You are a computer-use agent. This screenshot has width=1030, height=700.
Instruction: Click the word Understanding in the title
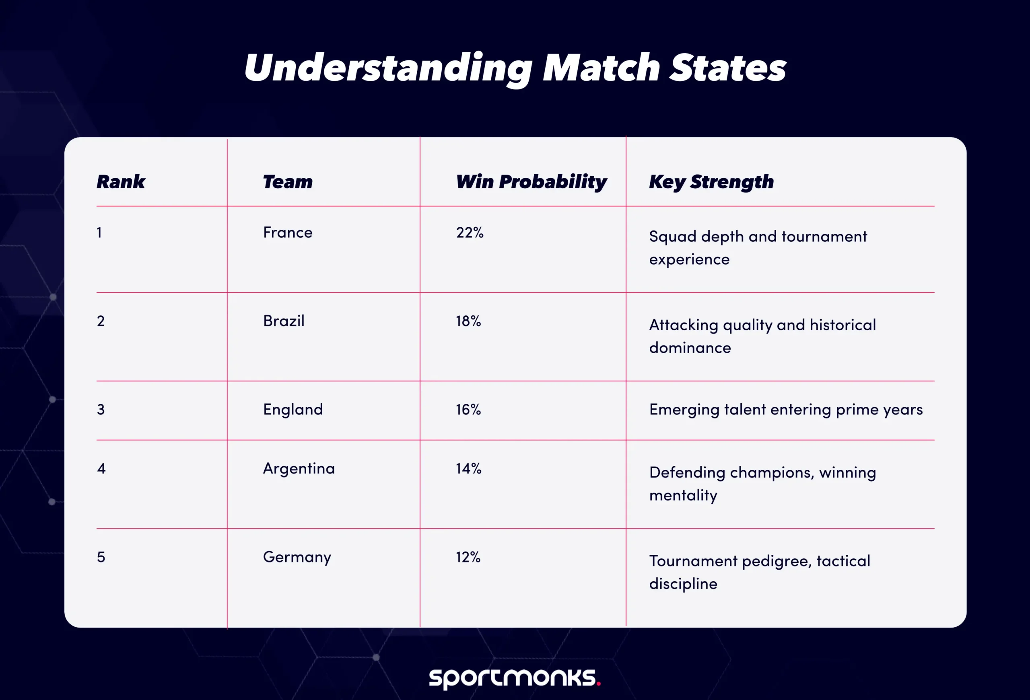pyautogui.click(x=388, y=68)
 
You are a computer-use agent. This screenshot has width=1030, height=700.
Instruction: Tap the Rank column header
pyautogui.click(x=121, y=182)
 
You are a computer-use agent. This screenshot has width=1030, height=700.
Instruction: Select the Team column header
pyautogui.click(x=288, y=182)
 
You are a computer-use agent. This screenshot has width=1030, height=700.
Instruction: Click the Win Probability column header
pyautogui.click(x=531, y=182)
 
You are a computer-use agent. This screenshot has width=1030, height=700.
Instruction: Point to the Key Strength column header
pyautogui.click(x=711, y=182)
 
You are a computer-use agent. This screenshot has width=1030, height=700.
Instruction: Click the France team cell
pyautogui.click(x=288, y=233)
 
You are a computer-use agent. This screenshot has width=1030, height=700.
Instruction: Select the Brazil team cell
pyautogui.click(x=284, y=321)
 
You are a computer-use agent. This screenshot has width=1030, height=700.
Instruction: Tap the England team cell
pyautogui.click(x=293, y=410)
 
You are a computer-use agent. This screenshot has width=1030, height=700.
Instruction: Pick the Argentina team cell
pyautogui.click(x=299, y=468)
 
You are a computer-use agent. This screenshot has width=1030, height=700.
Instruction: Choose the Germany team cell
pyautogui.click(x=297, y=557)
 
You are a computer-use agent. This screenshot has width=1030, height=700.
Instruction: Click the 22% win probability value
pyautogui.click(x=470, y=233)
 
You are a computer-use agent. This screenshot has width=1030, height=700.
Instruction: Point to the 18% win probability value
pyautogui.click(x=468, y=321)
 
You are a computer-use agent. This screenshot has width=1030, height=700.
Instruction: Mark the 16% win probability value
pyautogui.click(x=468, y=410)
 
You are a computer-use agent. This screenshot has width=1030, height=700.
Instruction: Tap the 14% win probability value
pyautogui.click(x=468, y=468)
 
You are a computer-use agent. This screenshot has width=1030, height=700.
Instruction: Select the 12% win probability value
pyautogui.click(x=468, y=557)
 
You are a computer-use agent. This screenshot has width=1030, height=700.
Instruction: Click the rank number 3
pyautogui.click(x=101, y=410)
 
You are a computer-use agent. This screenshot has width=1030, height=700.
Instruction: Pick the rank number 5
pyautogui.click(x=101, y=557)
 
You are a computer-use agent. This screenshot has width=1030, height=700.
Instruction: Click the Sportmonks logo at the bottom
pyautogui.click(x=515, y=678)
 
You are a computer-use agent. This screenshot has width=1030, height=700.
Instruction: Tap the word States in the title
pyautogui.click(x=727, y=68)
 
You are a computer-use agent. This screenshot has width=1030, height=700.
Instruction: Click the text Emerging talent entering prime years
pyautogui.click(x=786, y=410)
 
